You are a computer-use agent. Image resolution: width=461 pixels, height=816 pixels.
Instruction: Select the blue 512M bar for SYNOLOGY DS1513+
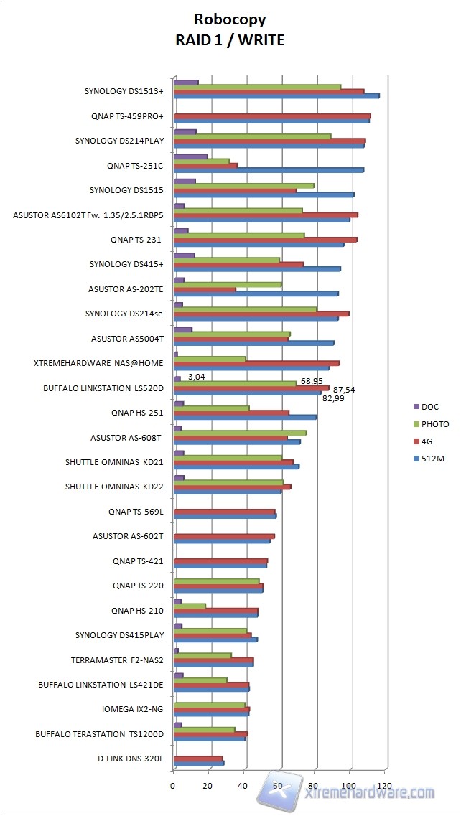[x=276, y=95]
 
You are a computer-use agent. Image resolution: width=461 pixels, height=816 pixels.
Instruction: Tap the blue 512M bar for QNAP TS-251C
[x=269, y=170]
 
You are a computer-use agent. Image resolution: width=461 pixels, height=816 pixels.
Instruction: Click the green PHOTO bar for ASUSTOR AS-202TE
[x=228, y=284]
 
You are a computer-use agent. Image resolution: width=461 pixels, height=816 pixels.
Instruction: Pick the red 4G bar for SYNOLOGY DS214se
[x=261, y=314]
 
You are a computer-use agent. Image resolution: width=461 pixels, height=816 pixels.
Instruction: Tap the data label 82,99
[x=332, y=398]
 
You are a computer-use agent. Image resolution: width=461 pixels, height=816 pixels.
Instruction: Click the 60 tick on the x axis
[x=279, y=785]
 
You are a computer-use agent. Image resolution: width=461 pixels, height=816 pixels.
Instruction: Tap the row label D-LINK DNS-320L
[x=131, y=759]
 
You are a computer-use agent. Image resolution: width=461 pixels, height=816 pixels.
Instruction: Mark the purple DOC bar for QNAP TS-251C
[x=190, y=156]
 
